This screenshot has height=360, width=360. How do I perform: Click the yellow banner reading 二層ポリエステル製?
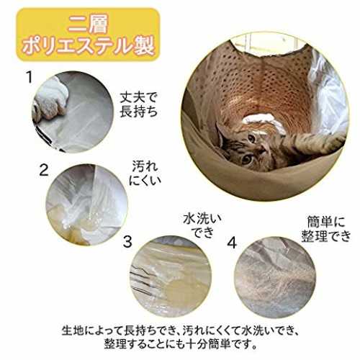(x=88, y=35)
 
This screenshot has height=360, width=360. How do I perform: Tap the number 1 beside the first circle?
(x=30, y=77)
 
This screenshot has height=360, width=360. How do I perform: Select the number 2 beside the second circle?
(x=44, y=170)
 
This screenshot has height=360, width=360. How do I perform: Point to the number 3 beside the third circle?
(x=127, y=242)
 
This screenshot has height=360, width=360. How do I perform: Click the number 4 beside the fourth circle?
(x=232, y=242)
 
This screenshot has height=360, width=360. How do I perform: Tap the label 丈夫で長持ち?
(x=139, y=105)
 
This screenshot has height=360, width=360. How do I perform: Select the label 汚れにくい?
(x=145, y=174)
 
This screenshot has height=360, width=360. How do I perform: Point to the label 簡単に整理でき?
(x=326, y=229)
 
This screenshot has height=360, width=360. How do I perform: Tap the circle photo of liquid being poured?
(x=87, y=204)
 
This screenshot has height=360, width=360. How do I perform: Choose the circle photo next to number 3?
(x=171, y=276)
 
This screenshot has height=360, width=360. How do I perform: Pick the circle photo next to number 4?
(x=275, y=278)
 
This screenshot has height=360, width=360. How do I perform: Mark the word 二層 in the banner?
(x=88, y=24)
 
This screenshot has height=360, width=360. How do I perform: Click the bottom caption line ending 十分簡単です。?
(x=180, y=344)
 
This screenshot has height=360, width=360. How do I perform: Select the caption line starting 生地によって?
(x=181, y=330)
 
